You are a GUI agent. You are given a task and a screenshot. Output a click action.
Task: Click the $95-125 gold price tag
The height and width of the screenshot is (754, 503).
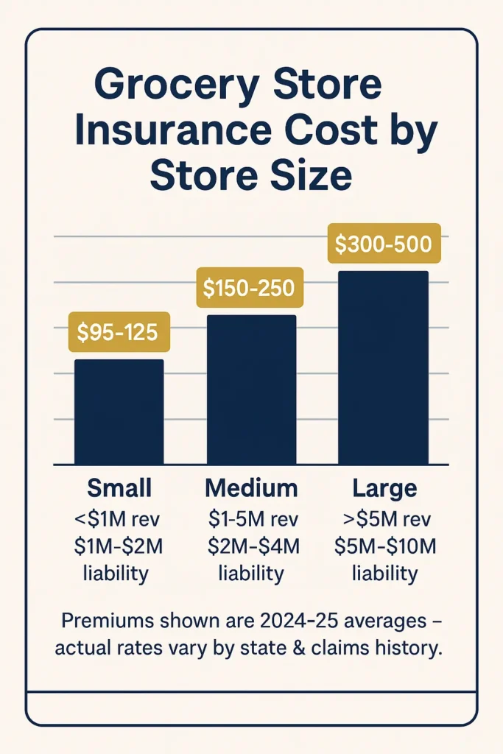click(119, 332)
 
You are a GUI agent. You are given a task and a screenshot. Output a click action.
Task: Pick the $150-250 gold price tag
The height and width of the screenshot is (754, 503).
click(250, 288)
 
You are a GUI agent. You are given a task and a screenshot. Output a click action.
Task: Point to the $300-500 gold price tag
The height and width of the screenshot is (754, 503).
click(383, 244)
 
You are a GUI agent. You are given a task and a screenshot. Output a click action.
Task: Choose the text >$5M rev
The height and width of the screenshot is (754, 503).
click(384, 519)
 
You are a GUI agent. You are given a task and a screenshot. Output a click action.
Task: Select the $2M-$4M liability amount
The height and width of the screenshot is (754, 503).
click(251, 546)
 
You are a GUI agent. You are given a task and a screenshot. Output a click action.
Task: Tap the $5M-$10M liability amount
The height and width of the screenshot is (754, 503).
click(384, 546)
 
